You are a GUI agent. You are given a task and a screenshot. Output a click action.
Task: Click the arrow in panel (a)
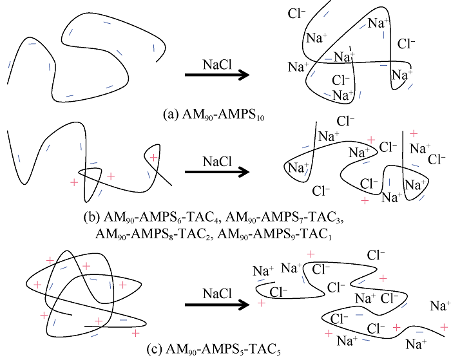tap(216, 75)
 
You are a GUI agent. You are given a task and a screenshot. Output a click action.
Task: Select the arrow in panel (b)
tap(216, 172)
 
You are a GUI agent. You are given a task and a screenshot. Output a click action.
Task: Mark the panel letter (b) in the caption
tap(91, 215)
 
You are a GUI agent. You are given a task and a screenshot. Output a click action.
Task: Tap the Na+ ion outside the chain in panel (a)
tap(296, 66)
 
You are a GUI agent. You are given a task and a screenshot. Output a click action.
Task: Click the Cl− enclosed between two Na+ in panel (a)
tap(341, 81)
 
